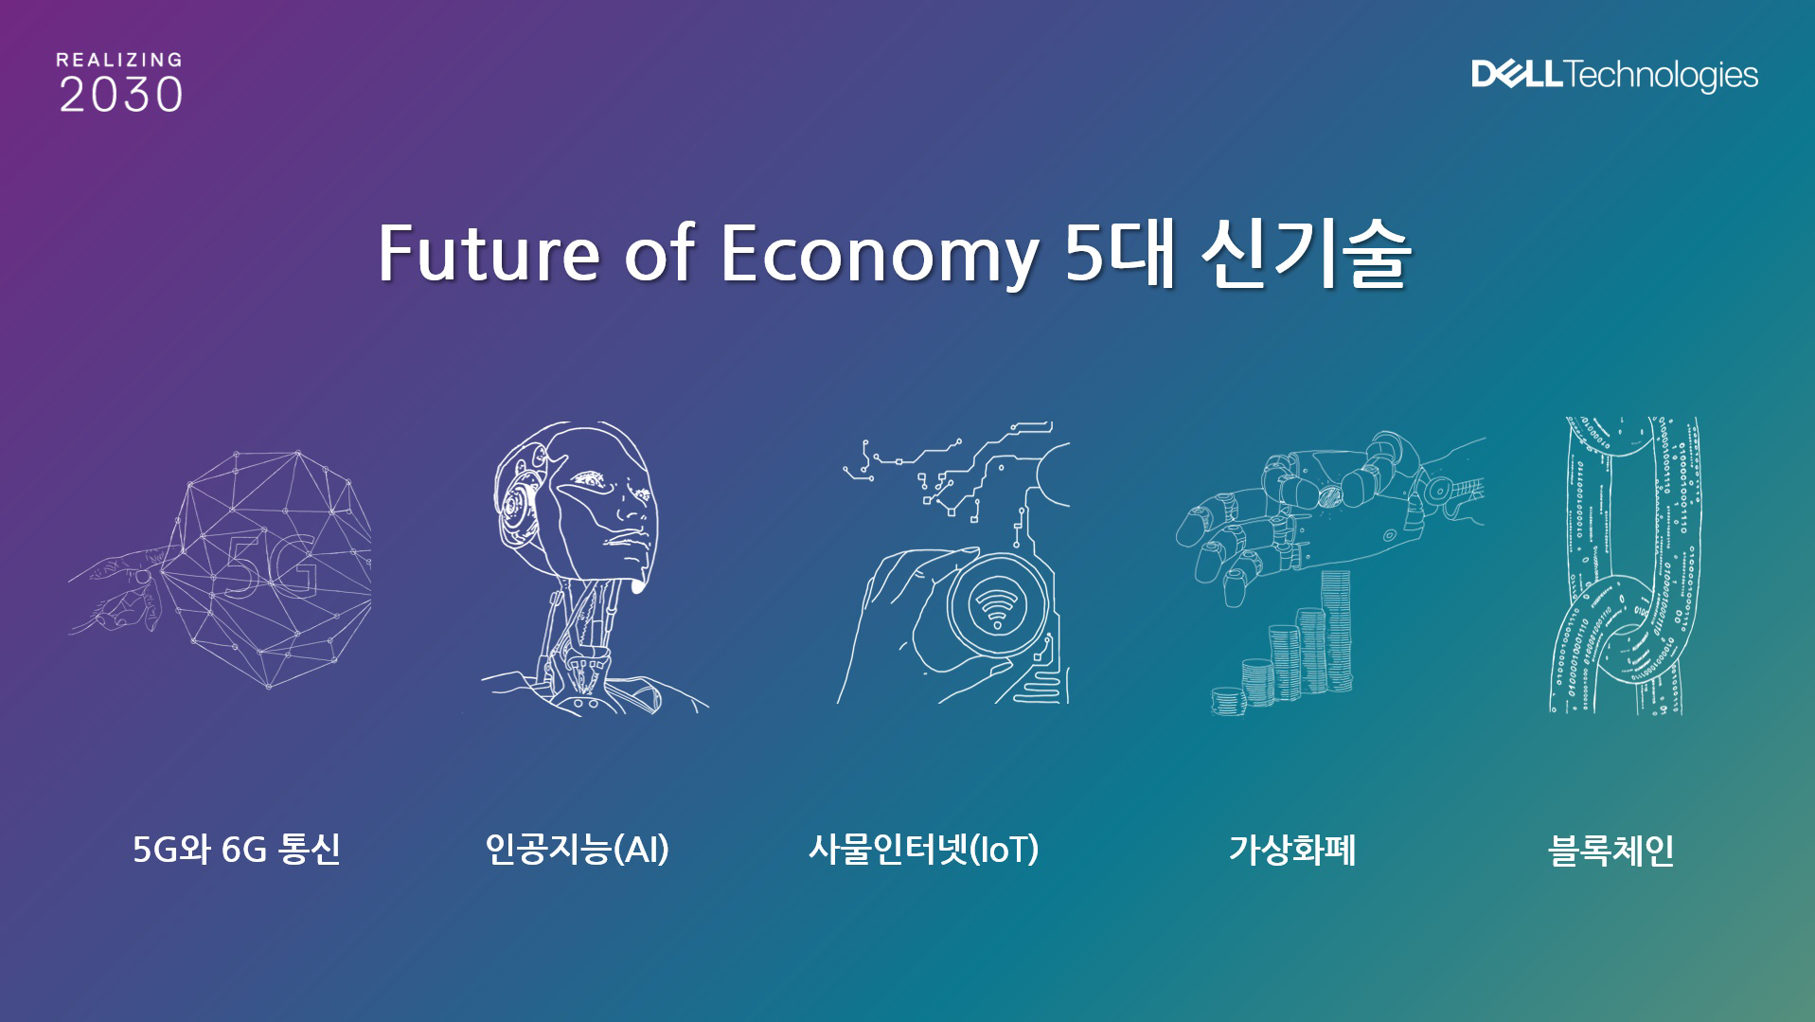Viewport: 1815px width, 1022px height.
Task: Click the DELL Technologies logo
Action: [x=1614, y=75]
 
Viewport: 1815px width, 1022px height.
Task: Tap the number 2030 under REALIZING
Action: [x=121, y=95]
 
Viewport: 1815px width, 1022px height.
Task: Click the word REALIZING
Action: [x=119, y=60]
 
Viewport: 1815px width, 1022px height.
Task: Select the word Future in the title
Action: [x=489, y=254]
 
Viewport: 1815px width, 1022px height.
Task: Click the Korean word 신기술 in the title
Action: [x=1305, y=254]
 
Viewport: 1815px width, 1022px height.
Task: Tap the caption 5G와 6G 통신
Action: [x=237, y=849]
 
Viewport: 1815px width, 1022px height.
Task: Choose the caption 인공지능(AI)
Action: [x=577, y=849]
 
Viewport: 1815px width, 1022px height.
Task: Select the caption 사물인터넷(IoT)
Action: [x=923, y=849]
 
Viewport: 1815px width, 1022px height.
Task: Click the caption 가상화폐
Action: [x=1292, y=849]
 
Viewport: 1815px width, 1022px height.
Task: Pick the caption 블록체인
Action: [x=1610, y=849]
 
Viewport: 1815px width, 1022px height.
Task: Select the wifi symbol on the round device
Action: [x=997, y=605]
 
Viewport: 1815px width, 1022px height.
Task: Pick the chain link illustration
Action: [x=1624, y=565]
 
